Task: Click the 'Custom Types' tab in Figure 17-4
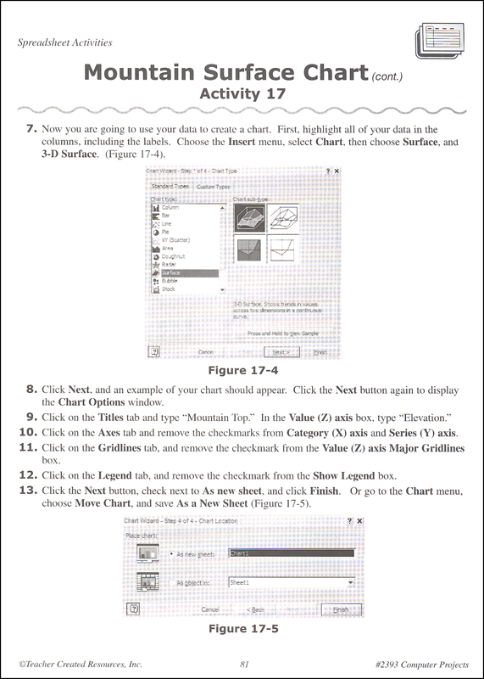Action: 213,185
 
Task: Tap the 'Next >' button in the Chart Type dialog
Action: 281,351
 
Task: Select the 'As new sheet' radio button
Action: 173,553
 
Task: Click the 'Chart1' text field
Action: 291,553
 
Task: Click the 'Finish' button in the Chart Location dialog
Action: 340,609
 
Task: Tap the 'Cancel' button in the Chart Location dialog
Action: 211,609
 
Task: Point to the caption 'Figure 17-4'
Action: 242,371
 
